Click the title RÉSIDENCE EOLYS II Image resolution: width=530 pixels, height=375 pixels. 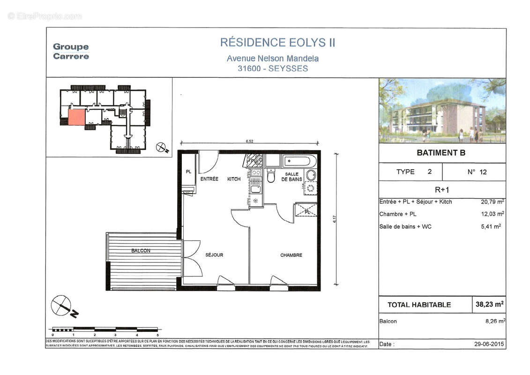(x=277, y=43)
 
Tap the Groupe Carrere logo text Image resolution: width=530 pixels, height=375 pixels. (x=71, y=51)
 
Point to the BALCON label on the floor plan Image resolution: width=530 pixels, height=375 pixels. (x=141, y=251)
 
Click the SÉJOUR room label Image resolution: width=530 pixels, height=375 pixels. (x=214, y=255)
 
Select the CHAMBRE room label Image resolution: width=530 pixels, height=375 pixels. (x=291, y=255)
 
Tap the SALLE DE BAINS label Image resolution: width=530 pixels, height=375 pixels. (x=290, y=177)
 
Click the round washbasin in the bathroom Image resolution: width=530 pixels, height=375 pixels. (x=311, y=175)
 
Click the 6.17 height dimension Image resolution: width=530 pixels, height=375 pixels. (x=335, y=219)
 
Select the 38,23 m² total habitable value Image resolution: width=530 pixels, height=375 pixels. (x=489, y=304)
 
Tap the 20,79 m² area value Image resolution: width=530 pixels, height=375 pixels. (x=492, y=202)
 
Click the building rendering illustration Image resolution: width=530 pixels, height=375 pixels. (x=442, y=111)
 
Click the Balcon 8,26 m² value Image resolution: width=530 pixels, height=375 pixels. (x=493, y=321)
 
